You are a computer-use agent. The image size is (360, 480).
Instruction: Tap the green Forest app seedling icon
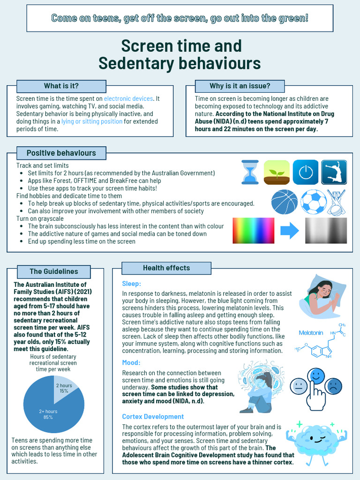coord(277,172)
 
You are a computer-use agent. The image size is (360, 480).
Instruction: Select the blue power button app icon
coord(305,172)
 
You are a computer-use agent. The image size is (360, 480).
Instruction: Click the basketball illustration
coord(284,202)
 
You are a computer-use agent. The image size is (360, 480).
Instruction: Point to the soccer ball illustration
coord(313,202)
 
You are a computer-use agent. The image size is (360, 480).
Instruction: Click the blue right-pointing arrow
coord(290,230)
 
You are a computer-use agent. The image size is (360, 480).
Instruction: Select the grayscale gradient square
coord(326,230)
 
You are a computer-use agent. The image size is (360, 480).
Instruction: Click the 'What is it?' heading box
coord(61,86)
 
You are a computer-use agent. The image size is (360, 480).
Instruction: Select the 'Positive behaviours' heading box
coord(61,153)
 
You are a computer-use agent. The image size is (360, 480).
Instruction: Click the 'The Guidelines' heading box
coord(54,271)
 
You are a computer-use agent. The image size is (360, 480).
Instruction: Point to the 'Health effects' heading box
coord(166,268)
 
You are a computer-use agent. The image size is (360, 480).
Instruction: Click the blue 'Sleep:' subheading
coord(131,284)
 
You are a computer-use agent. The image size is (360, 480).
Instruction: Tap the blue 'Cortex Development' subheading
coord(153,416)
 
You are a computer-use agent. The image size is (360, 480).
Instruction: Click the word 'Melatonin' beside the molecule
coord(311,332)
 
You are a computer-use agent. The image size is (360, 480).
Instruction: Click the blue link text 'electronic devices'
coord(128,99)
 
